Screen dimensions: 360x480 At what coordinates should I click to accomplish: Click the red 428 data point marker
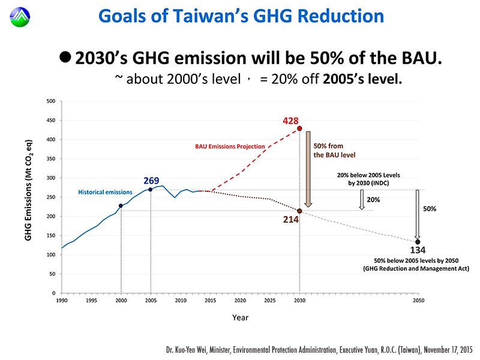pyautogui.click(x=299, y=128)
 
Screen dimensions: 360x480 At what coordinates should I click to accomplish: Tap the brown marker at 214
pyautogui.click(x=299, y=211)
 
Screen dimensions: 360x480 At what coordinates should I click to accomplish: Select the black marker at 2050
pyautogui.click(x=418, y=242)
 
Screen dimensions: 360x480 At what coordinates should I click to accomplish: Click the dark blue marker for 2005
pyautogui.click(x=151, y=190)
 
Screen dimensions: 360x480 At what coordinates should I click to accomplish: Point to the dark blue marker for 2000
pyautogui.click(x=121, y=206)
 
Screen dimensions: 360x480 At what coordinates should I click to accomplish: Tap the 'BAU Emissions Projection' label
pyautogui.click(x=230, y=146)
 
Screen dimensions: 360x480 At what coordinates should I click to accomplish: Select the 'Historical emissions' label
pyautogui.click(x=105, y=192)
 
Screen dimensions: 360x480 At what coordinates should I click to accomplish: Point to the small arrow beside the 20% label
pyautogui.click(x=362, y=200)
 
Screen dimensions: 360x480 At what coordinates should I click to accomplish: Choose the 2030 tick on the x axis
pyautogui.click(x=299, y=300)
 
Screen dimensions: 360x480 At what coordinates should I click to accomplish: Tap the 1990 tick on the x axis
pyautogui.click(x=61, y=300)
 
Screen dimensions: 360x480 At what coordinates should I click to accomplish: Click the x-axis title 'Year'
pyautogui.click(x=240, y=317)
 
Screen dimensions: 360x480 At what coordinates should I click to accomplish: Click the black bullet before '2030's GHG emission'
pyautogui.click(x=65, y=56)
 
